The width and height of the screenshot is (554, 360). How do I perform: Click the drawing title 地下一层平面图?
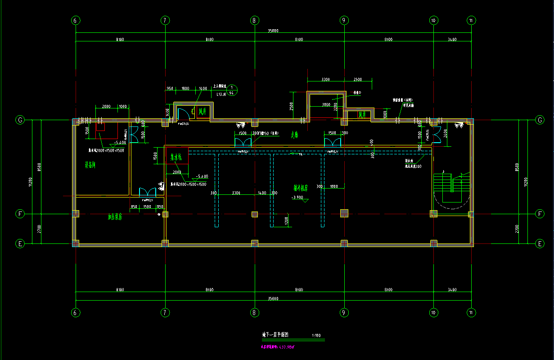pos(278,335)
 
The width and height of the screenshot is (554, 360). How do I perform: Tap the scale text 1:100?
pos(316,335)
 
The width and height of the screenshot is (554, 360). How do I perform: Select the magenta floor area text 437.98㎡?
pos(280,347)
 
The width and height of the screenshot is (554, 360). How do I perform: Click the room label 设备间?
pos(90,165)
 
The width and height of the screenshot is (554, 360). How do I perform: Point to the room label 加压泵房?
pos(115,217)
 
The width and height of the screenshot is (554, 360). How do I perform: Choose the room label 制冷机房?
pos(300,188)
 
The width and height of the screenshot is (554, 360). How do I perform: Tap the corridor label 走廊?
pos(295,134)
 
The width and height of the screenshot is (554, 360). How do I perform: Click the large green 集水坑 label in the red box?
pos(176,157)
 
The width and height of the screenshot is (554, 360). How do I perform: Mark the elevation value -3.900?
pos(298,198)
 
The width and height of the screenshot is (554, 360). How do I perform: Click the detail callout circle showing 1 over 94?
pos(232,90)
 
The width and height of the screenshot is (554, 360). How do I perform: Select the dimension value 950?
pos(170,89)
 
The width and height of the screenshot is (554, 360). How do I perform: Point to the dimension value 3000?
pos(326,104)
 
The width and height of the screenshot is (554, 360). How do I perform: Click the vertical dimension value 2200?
pos(335,108)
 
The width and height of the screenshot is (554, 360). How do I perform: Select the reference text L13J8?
pos(221,94)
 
